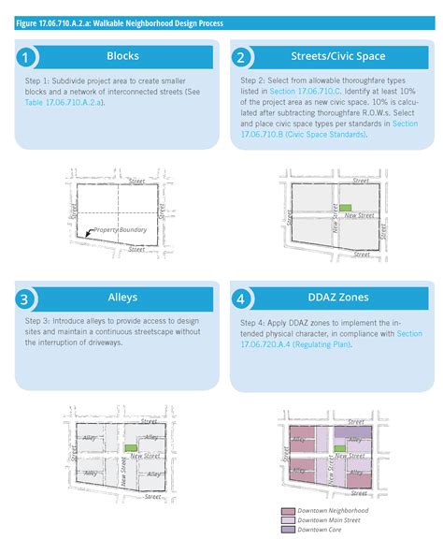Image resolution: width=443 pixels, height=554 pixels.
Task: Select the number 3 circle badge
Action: point(28,299)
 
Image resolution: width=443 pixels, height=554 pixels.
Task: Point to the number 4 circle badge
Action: point(240,299)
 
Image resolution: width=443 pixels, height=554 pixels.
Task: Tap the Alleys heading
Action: point(122,298)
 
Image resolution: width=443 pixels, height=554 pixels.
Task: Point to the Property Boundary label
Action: point(121,229)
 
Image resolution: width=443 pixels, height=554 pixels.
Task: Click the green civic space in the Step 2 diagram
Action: point(345,208)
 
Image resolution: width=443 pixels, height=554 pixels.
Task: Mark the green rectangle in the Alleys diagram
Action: point(131,449)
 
